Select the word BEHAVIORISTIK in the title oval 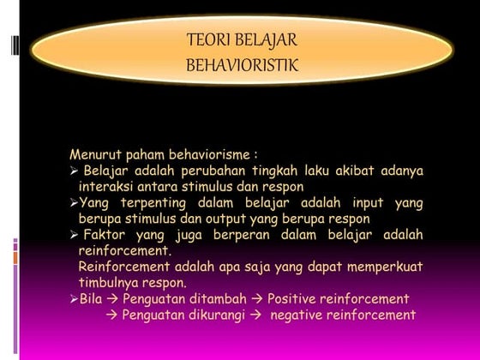coord(242,64)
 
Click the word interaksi coord(105,186)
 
